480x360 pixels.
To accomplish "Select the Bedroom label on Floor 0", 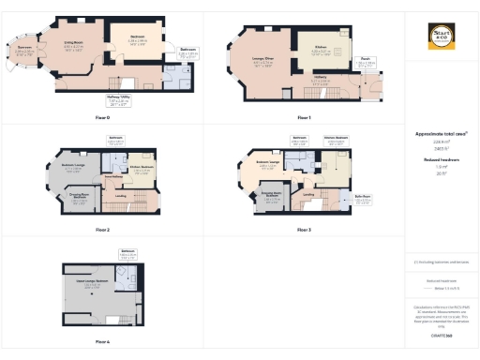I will coord(137,37).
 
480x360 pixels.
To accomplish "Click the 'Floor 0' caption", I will coord(103,117).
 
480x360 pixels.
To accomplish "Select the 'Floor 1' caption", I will coord(303,117).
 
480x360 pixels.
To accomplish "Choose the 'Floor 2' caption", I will coord(103,229).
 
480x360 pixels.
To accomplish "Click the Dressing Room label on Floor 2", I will coord(81,197).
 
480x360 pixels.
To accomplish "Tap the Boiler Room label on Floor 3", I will coord(364,197).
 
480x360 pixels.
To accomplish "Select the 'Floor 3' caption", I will coord(303,229).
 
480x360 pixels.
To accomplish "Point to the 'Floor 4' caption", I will coord(103,342).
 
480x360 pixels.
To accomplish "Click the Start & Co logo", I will coord(442,38).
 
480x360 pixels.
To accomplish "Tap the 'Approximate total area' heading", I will coord(441,134).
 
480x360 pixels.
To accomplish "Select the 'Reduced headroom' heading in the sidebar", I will coord(441,160).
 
